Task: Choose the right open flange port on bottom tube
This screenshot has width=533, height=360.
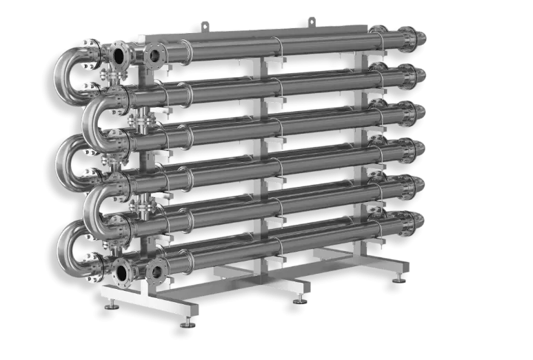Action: pos(157,272)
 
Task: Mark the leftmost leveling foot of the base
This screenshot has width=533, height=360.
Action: pos(186,323)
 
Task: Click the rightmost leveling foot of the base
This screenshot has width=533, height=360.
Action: pos(398,279)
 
